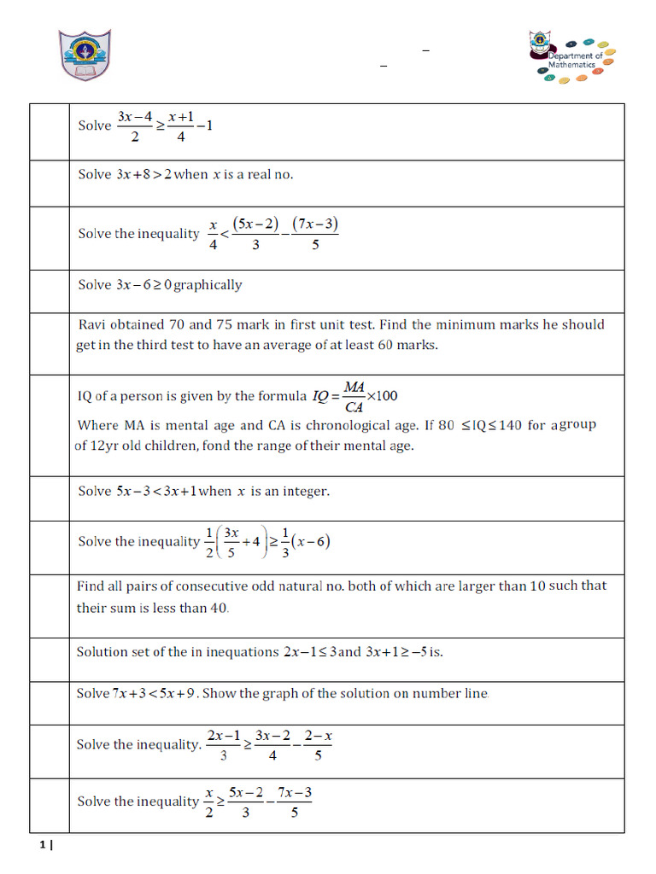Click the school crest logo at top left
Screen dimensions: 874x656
(x=84, y=55)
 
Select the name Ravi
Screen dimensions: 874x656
(x=93, y=324)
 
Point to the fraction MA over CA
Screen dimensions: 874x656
(x=354, y=396)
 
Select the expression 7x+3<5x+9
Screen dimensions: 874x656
(x=155, y=693)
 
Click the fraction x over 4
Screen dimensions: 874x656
(x=214, y=235)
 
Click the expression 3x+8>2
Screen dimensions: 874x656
(x=144, y=174)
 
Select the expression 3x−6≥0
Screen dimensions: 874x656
(x=143, y=285)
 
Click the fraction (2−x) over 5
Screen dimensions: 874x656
(x=317, y=745)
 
